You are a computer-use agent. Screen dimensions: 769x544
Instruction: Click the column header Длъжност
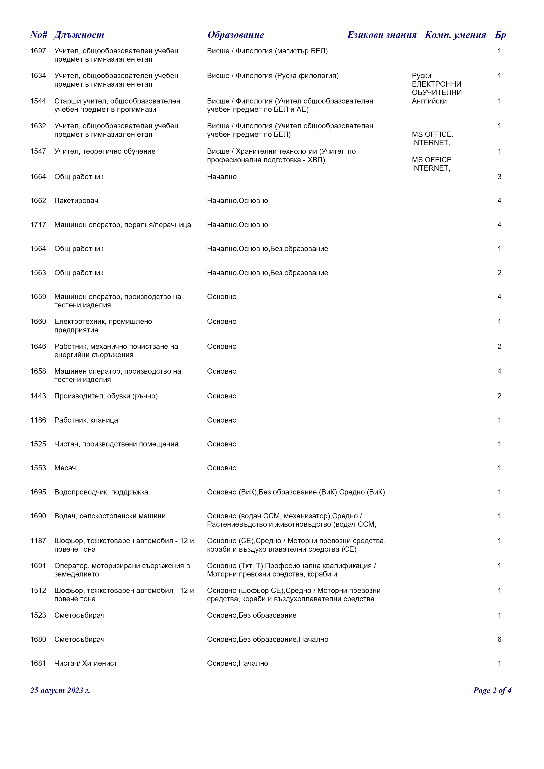click(79, 35)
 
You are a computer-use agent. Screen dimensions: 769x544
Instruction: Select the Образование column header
click(236, 35)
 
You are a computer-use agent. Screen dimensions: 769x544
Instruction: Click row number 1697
click(38, 51)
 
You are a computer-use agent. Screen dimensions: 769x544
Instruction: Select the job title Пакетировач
click(76, 201)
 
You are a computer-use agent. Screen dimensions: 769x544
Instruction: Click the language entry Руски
click(421, 76)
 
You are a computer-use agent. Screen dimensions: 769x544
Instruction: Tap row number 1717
click(38, 225)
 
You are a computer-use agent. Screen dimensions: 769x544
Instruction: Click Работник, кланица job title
click(86, 420)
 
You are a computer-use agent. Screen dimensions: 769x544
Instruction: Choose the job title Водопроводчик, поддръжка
click(101, 492)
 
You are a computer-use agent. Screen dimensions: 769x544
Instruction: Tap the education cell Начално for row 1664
click(222, 177)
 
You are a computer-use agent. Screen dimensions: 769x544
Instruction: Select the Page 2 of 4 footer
click(492, 691)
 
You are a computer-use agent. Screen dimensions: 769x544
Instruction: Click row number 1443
click(38, 396)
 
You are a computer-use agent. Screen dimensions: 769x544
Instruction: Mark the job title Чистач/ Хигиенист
click(86, 663)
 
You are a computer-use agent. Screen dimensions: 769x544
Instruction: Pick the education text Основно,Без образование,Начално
click(268, 639)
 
